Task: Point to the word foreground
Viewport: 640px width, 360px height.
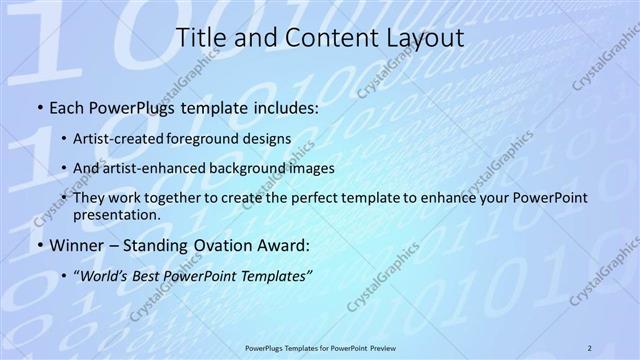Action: [x=220, y=140]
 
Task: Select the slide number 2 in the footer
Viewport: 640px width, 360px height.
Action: [x=590, y=346]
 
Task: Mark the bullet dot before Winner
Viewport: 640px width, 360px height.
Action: [x=38, y=246]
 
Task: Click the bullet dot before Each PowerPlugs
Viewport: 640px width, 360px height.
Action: [x=38, y=105]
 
